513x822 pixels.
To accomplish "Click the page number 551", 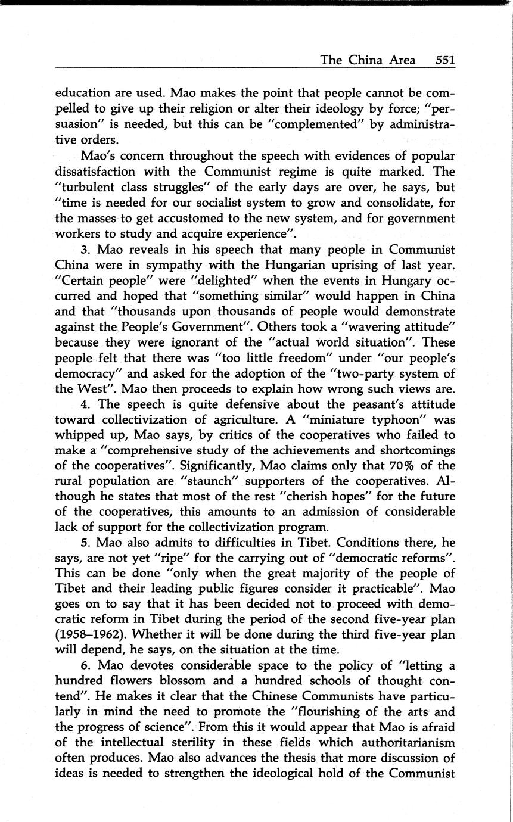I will (x=444, y=60).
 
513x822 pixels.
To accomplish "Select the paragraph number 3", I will (x=85, y=249).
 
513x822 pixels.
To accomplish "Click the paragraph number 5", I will (x=85, y=543).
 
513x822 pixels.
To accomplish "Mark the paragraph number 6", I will (x=85, y=665).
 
